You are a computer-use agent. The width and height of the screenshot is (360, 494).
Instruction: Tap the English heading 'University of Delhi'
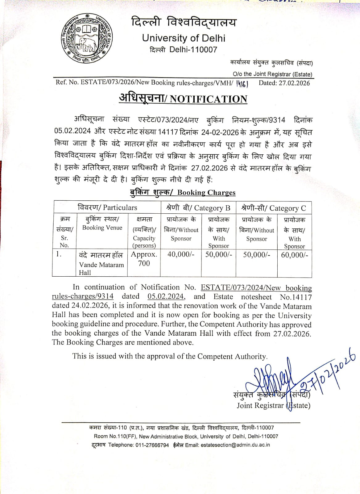click(x=184, y=38)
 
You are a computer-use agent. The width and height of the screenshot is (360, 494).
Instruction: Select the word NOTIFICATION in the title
click(x=209, y=99)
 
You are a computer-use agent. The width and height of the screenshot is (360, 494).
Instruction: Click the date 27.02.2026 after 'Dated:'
click(x=294, y=83)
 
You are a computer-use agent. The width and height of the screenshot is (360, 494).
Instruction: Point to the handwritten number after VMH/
click(x=242, y=83)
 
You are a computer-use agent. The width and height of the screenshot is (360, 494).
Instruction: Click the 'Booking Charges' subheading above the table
click(x=206, y=193)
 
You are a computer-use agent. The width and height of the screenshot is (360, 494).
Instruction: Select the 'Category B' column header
click(x=212, y=208)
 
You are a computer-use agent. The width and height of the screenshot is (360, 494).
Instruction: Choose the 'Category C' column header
click(x=288, y=208)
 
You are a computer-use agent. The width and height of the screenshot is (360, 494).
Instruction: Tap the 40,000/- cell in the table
click(x=181, y=254)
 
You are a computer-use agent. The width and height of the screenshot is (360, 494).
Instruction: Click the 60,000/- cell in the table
click(x=294, y=255)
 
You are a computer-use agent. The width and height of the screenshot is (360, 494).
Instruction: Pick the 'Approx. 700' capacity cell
click(x=144, y=259)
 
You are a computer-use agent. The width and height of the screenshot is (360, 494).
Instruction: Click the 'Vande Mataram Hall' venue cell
click(x=101, y=265)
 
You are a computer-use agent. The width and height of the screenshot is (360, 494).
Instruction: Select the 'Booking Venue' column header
click(x=102, y=228)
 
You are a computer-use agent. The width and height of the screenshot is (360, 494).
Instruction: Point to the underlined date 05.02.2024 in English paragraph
click(x=166, y=296)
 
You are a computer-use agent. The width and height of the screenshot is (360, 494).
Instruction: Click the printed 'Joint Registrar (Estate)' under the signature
click(x=273, y=405)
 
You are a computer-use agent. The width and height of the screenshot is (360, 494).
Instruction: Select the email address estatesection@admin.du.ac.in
click(x=235, y=445)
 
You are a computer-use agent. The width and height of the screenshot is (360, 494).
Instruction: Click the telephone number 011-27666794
click(x=152, y=445)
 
